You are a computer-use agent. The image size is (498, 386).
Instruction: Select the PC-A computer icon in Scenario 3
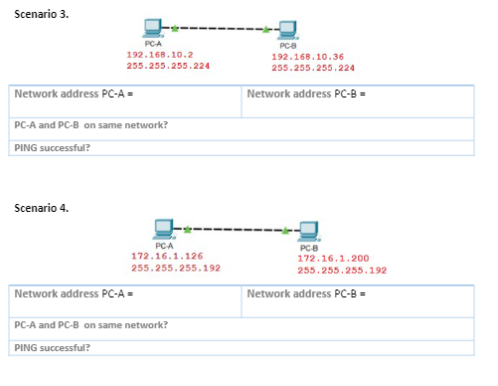152,29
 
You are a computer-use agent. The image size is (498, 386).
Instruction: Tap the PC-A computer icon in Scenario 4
165,230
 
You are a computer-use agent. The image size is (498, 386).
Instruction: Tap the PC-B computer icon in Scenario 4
308,232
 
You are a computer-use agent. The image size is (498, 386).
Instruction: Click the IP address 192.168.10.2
159,55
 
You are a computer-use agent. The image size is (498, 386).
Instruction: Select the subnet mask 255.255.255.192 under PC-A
175,268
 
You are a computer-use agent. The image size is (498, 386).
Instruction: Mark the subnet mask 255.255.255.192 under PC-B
341,270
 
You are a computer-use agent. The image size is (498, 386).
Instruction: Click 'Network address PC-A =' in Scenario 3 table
74,94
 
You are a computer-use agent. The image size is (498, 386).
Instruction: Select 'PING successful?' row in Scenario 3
52,147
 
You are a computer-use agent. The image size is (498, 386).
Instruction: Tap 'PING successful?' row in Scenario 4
52,347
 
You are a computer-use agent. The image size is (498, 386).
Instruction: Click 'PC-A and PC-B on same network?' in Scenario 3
90,125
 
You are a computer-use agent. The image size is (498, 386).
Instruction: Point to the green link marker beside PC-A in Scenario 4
188,229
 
